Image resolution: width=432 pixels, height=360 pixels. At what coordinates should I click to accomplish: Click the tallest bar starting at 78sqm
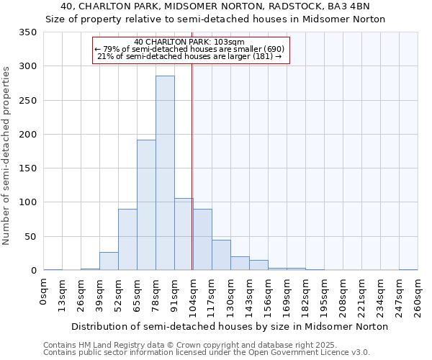point(165,173)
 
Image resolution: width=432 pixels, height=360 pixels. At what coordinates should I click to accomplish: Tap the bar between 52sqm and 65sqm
point(127,240)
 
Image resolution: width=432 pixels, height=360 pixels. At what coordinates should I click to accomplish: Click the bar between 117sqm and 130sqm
point(221,256)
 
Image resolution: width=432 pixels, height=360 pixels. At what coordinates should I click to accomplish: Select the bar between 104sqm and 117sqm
point(202,240)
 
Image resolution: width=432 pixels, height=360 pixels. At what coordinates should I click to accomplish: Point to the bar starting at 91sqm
point(184,234)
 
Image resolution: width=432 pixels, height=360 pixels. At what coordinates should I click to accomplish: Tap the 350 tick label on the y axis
point(27,32)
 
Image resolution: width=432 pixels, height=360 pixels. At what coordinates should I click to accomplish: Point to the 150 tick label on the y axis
point(27,168)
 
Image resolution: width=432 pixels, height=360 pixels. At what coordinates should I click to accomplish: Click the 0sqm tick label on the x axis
point(44,292)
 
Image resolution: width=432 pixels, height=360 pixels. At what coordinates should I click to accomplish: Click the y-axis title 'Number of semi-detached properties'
point(6,155)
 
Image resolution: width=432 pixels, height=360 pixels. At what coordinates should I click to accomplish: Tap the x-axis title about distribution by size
point(230,326)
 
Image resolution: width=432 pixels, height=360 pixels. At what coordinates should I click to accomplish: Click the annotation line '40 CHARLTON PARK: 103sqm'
point(190,42)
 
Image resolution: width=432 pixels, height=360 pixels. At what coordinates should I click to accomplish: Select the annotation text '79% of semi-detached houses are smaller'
point(190,49)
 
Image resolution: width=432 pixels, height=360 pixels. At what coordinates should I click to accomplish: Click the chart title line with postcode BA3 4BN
point(215,6)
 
